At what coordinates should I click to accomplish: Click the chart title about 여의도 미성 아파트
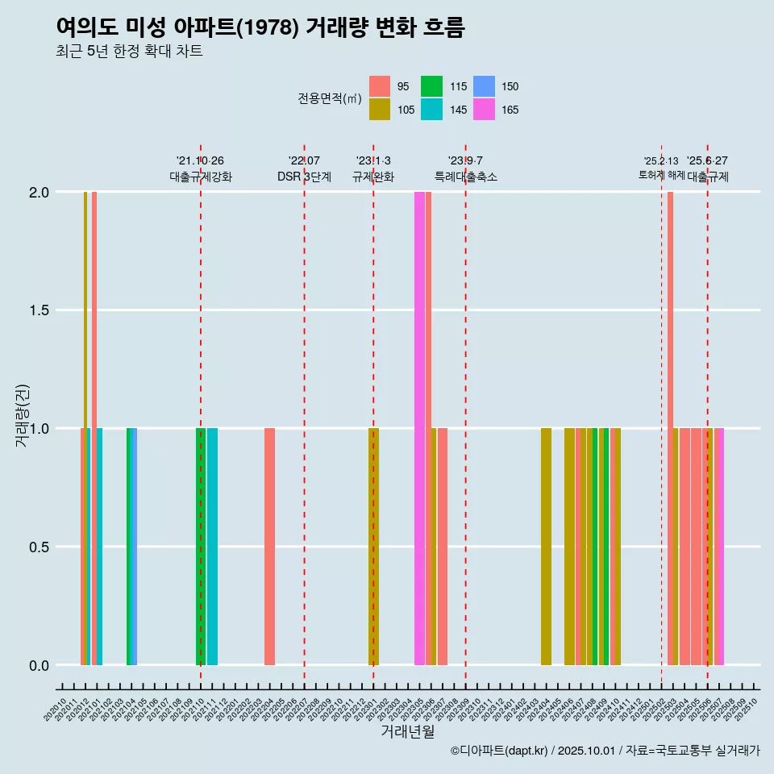(260, 27)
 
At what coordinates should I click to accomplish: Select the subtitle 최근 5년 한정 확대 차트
(129, 52)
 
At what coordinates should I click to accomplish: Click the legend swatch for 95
(380, 86)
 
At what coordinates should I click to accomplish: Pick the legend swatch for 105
(380, 110)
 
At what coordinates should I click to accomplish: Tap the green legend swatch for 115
(432, 86)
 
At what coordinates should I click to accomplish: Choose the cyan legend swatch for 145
(432, 110)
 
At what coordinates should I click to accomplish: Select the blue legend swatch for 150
(484, 86)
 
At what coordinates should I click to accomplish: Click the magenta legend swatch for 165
(484, 110)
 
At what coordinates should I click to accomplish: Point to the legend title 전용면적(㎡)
(330, 98)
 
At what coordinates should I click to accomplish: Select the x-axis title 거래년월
(408, 732)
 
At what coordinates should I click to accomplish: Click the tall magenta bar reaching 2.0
(419, 427)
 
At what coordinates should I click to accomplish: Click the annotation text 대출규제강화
(201, 177)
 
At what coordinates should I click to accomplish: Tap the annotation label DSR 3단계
(304, 177)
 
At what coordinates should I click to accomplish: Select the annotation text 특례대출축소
(466, 177)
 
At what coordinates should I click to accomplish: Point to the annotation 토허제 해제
(661, 175)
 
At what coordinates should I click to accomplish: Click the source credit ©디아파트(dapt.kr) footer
(605, 751)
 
